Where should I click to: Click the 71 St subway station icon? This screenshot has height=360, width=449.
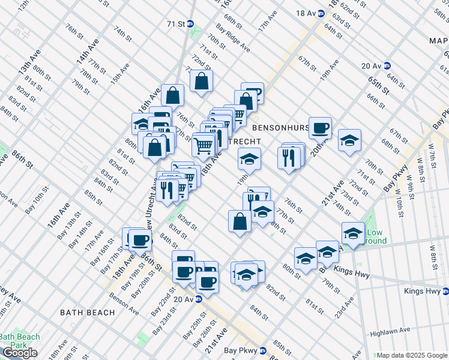point(190,24)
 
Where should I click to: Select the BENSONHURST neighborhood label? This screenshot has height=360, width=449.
point(281,128)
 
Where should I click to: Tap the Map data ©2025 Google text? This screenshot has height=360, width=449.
point(412,355)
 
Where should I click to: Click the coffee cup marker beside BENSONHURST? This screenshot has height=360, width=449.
point(320,127)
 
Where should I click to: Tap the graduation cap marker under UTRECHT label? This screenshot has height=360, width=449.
point(249,158)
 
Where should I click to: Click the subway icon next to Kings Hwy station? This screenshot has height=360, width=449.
point(445,292)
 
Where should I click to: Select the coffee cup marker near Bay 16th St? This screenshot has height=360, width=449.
point(140,240)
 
